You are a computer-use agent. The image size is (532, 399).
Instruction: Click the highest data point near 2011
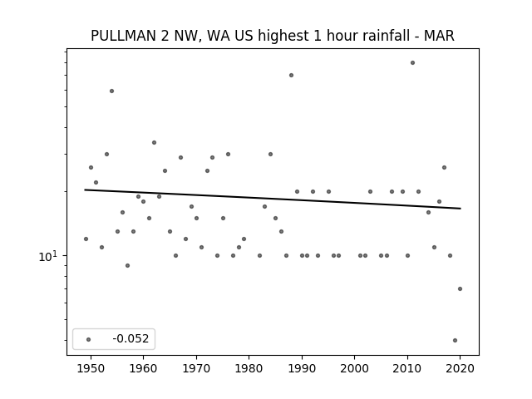pyautogui.click(x=412, y=63)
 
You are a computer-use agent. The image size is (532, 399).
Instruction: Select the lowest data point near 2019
pyautogui.click(x=455, y=340)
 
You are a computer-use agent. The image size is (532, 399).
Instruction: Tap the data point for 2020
pyautogui.click(x=460, y=288)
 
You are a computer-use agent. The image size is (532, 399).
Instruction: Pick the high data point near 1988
pyautogui.click(x=291, y=76)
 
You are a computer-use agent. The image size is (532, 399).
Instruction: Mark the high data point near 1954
pyautogui.click(x=111, y=91)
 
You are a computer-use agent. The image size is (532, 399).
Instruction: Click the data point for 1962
pyautogui.click(x=154, y=142)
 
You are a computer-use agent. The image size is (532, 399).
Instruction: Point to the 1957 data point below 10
pyautogui.click(x=127, y=265)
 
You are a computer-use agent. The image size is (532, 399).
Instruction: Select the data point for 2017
pyautogui.click(x=444, y=167)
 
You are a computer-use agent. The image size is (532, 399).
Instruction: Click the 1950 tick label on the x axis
pyautogui.click(x=91, y=368)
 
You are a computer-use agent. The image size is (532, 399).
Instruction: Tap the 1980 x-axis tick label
pyautogui.click(x=249, y=368)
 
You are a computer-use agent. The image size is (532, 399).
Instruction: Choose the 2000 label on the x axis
pyautogui.click(x=355, y=368)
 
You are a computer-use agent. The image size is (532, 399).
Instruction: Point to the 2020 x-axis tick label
pyautogui.click(x=460, y=368)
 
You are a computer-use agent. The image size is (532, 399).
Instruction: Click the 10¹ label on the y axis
pyautogui.click(x=48, y=257)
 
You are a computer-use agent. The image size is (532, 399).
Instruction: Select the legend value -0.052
pyautogui.click(x=131, y=338)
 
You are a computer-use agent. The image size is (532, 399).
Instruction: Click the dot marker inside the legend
pyautogui.click(x=88, y=339)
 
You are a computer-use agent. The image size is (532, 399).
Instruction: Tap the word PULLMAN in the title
pyautogui.click(x=124, y=36)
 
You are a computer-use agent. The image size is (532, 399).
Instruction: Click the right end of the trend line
pyautogui.click(x=461, y=209)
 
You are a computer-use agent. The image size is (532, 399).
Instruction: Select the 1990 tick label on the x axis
pyautogui.click(x=302, y=368)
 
